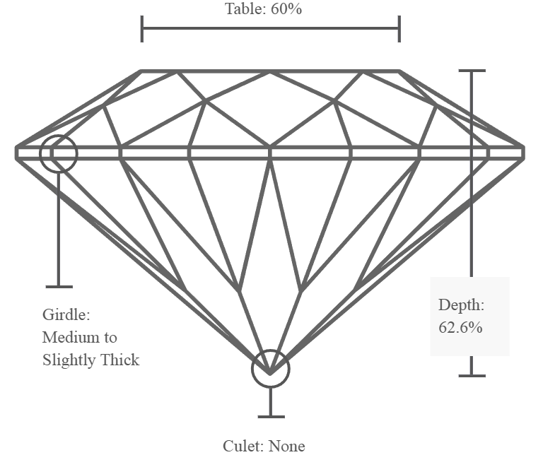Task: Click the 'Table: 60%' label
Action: tap(264, 8)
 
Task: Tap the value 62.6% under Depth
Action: tap(460, 327)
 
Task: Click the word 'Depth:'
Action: tap(461, 305)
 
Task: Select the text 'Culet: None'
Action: tap(264, 446)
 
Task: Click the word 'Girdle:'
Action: tap(66, 314)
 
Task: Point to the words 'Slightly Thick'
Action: tap(90, 360)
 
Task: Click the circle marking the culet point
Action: tap(271, 350)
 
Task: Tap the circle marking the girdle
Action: tap(59, 135)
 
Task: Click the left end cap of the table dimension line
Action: tap(142, 29)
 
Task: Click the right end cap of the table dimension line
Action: tap(399, 29)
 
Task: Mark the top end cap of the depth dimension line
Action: tap(472, 71)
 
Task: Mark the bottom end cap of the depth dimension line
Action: tap(472, 375)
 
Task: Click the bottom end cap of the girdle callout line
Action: tap(59, 286)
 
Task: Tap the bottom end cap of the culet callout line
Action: tap(271, 417)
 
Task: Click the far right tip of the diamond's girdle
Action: tap(525, 153)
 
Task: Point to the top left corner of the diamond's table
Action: tap(141, 71)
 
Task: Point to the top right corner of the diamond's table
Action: tap(399, 71)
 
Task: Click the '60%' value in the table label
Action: tap(286, 8)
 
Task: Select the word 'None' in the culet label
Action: tap(286, 446)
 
